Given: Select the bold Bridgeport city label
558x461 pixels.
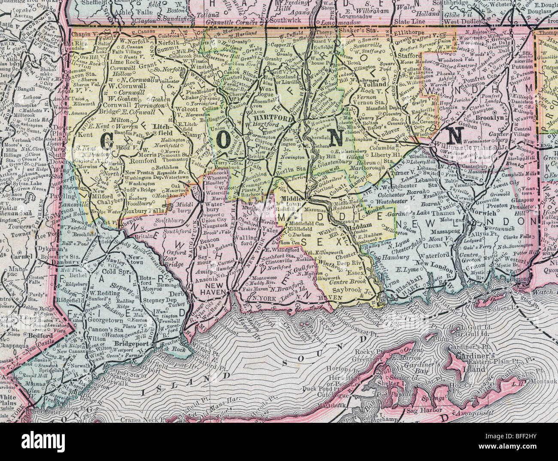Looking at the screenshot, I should (132, 344).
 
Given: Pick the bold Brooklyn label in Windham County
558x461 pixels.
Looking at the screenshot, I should (488, 117).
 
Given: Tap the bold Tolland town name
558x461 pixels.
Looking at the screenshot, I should (375, 85).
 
